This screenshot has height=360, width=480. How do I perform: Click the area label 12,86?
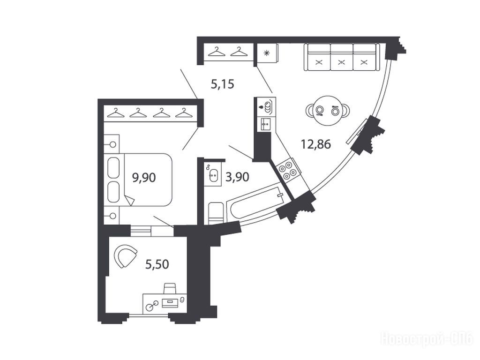[316, 143]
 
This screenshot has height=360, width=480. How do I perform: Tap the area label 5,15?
[223, 83]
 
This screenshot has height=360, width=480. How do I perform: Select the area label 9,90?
[144, 177]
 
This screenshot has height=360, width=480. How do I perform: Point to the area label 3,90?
[237, 177]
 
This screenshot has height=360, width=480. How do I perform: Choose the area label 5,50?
[157, 264]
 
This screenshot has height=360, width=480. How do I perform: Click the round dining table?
[328, 110]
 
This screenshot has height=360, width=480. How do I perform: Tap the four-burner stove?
[287, 171]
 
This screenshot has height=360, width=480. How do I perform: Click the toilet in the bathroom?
[216, 213]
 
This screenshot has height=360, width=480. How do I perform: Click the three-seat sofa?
[342, 57]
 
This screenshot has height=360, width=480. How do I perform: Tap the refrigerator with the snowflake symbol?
[268, 53]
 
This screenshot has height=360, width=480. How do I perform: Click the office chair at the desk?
[170, 288]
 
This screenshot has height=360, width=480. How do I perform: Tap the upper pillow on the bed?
[113, 167]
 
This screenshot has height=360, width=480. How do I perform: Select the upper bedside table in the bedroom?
[112, 144]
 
